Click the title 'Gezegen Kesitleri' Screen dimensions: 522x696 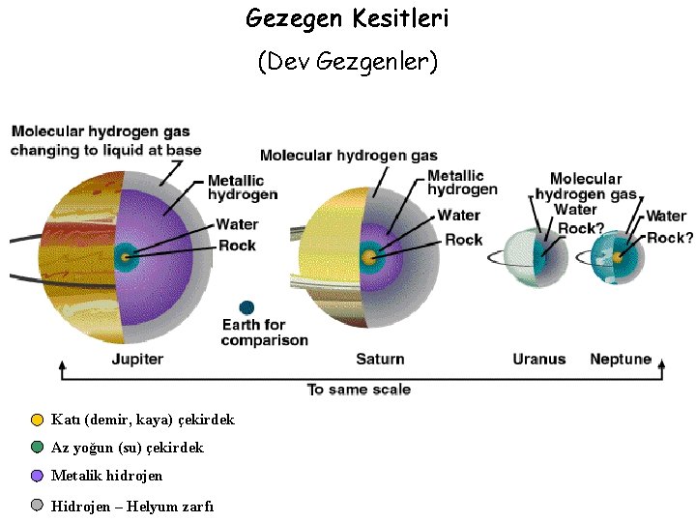pyautogui.click(x=347, y=17)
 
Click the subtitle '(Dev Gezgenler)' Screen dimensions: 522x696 pyautogui.click(x=347, y=63)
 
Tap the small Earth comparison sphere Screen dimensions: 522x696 pyautogui.click(x=247, y=307)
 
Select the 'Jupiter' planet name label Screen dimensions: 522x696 pyautogui.click(x=136, y=360)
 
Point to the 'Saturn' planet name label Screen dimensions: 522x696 pyautogui.click(x=380, y=360)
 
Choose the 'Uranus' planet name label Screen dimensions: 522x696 pyautogui.click(x=538, y=360)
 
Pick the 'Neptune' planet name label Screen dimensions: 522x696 pyautogui.click(x=621, y=360)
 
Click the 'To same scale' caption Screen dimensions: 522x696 pyautogui.click(x=359, y=390)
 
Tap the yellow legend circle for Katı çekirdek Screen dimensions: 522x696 pyautogui.click(x=37, y=420)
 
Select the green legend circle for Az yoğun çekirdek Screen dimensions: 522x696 pyautogui.click(x=37, y=448)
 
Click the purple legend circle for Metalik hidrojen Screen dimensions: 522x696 pyautogui.click(x=37, y=476)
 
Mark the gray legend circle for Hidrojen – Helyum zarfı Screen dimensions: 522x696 pyautogui.click(x=37, y=506)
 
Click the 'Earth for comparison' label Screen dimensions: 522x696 pyautogui.click(x=264, y=333)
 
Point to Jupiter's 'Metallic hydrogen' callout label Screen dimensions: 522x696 pyautogui.click(x=243, y=188)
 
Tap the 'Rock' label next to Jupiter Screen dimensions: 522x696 pyautogui.click(x=237, y=246)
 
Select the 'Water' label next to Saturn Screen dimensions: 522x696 pyautogui.click(x=458, y=216)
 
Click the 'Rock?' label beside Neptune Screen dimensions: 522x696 pyautogui.click(x=670, y=238)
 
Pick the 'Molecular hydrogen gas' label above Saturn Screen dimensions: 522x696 pyautogui.click(x=348, y=156)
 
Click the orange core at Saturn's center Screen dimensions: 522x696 pyautogui.click(x=368, y=258)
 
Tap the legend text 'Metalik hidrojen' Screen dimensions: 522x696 pyautogui.click(x=106, y=476)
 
